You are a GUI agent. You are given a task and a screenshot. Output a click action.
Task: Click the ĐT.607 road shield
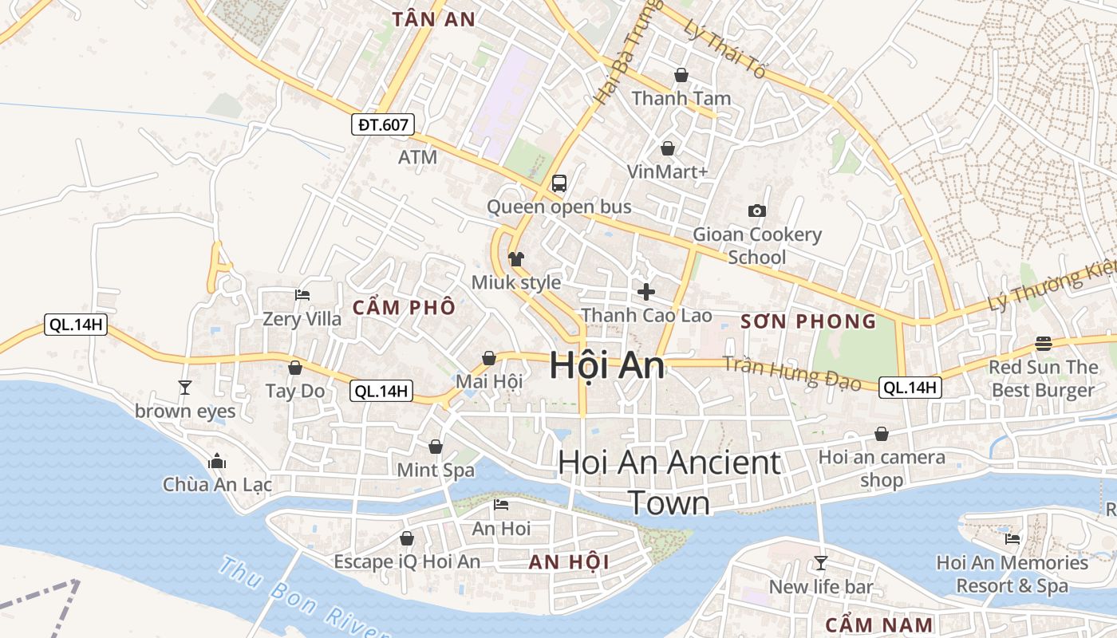tap(383, 124)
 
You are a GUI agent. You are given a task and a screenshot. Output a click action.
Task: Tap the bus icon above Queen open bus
tap(559, 183)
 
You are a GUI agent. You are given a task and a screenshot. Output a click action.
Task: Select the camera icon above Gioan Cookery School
tap(757, 211)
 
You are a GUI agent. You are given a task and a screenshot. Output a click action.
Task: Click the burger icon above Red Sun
tap(1044, 344)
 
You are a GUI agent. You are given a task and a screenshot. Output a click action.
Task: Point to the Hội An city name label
tap(606, 365)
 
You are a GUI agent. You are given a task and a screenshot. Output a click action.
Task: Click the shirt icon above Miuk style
tap(516, 259)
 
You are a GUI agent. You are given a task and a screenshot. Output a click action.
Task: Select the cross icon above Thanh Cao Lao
tap(646, 292)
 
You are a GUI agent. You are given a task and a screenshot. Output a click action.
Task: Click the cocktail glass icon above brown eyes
tap(185, 388)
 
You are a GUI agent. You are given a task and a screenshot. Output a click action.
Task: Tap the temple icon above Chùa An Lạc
tap(217, 462)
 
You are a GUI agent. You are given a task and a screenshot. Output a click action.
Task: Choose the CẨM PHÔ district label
tap(404, 307)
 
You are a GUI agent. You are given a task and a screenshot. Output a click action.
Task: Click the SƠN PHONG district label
tap(808, 321)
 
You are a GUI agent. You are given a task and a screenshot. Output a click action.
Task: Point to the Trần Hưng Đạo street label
tap(791, 373)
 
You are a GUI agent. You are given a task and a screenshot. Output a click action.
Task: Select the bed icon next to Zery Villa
tap(302, 295)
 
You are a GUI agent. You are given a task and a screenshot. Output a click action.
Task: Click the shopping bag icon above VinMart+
tap(668, 148)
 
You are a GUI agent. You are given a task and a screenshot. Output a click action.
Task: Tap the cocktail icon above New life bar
tap(820, 563)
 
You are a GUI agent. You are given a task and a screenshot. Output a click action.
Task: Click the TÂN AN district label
tap(434, 20)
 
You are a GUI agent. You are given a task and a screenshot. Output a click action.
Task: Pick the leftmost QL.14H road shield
tap(76, 325)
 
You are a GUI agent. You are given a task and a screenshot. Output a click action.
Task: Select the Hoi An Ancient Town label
tap(669, 482)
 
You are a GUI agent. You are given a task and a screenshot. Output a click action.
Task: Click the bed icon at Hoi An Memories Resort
tap(1012, 539)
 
